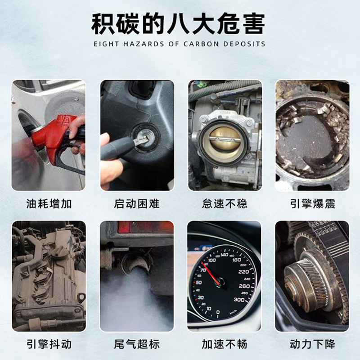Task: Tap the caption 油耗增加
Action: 49,204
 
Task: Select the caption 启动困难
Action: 137,204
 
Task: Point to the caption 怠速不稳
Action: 225,204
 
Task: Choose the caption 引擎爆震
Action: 312,204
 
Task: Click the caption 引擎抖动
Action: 49,345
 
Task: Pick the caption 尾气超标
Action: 137,345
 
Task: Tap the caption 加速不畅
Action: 225,345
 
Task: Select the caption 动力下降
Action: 312,345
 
